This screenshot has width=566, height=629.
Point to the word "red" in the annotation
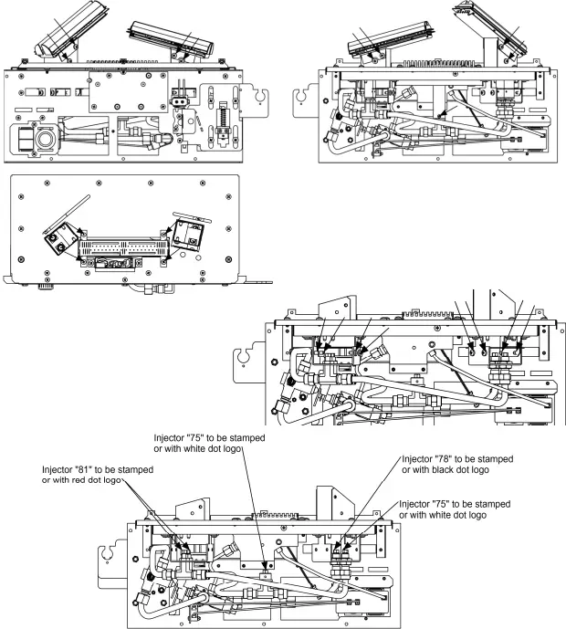point(85,481)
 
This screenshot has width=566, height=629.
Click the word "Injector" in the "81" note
point(58,469)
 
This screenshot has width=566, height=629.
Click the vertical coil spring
point(220,121)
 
